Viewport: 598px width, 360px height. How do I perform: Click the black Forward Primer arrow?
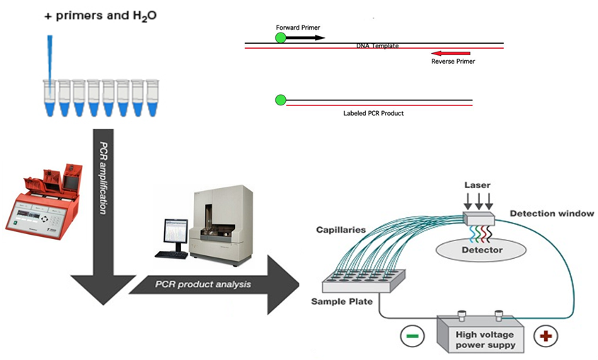306,37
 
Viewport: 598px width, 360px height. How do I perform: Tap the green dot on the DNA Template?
281,37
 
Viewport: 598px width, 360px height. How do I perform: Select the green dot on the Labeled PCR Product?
281,100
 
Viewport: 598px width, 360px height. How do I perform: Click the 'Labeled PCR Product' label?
373,113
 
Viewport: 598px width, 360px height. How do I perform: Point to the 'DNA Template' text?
377,46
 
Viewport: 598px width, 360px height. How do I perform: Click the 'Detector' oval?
483,249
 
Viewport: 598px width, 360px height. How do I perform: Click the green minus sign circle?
411,334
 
